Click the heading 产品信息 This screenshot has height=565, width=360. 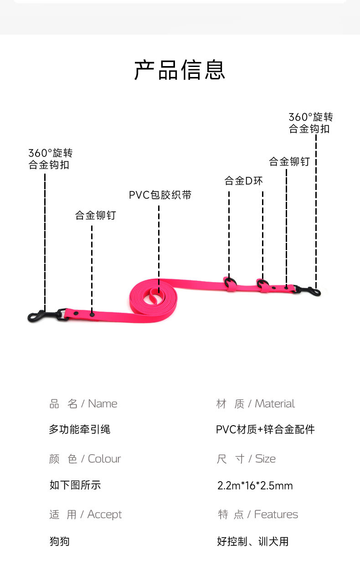180,70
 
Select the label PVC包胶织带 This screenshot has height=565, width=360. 160,195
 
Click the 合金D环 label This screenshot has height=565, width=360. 243,181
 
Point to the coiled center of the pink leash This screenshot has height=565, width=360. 153,297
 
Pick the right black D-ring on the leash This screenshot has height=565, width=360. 262,283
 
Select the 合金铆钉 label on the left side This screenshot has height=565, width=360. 95,215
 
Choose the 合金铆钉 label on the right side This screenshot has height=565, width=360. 289,161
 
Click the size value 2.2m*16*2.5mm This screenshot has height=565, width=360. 255,486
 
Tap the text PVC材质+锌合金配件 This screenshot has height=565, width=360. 265,429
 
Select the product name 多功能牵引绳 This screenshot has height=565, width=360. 79,429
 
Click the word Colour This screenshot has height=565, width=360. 104,459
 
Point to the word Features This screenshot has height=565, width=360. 276,514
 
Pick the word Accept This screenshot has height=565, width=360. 104,514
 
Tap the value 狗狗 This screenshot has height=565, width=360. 59,541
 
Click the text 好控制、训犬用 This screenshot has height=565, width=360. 252,541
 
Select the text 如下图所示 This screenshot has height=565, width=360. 75,485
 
